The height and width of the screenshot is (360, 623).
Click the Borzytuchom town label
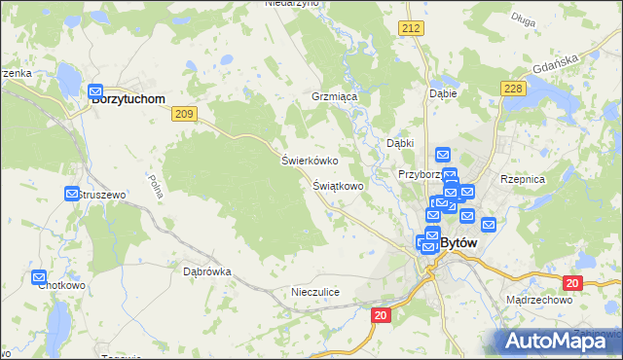pos(127,99)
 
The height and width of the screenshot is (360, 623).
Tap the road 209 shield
pos(185,114)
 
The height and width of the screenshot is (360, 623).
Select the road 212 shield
pos(410,30)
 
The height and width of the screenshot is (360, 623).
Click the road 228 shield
pos(515,90)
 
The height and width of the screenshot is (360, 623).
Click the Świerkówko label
pos(309,161)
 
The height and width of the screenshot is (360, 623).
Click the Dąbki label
pos(401,143)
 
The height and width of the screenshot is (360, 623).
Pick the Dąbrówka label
pos(207,272)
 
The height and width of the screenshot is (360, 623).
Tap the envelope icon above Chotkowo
pos(39,277)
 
